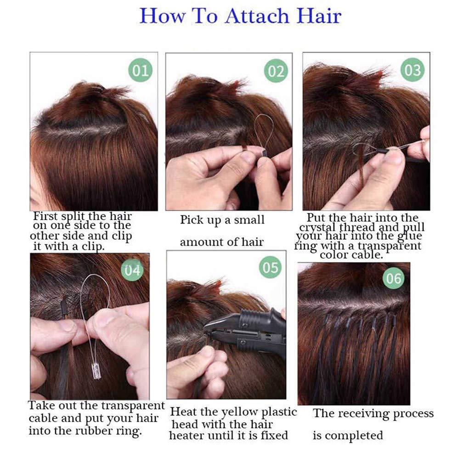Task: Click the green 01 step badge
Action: [x=141, y=70]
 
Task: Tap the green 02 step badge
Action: [x=276, y=71]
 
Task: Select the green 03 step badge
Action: [x=412, y=70]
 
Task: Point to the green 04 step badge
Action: [x=132, y=270]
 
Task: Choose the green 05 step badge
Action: [x=270, y=267]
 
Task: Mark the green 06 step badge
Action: [x=394, y=278]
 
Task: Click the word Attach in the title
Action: [x=257, y=16]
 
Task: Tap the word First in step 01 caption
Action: [x=45, y=216]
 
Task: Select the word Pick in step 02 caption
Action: [x=192, y=220]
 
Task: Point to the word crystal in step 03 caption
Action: [x=318, y=228]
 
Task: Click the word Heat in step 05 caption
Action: [x=182, y=412]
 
